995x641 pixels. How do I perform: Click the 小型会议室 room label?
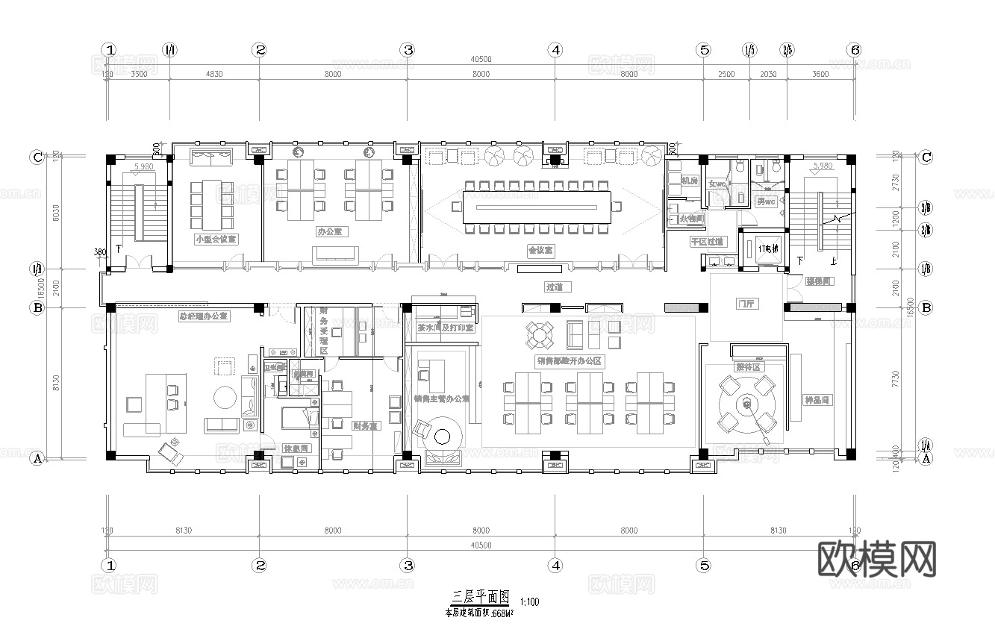point(216,240)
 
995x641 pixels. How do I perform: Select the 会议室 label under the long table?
point(540,250)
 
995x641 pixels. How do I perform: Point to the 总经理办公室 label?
point(204,316)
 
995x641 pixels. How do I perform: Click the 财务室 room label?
point(365,426)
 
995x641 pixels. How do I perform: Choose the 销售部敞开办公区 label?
point(569,360)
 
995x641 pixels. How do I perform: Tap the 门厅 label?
point(746,304)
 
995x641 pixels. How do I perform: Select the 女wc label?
point(718,184)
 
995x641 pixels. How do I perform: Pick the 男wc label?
point(766,201)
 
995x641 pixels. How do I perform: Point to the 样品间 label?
point(816,400)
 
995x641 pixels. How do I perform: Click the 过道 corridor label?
point(553,287)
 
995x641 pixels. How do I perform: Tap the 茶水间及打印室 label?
point(445,328)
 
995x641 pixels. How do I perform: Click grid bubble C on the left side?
point(36,157)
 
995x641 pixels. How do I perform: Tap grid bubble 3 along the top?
point(408,50)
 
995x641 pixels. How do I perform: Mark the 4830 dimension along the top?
point(214,74)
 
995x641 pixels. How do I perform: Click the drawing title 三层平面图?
point(481,598)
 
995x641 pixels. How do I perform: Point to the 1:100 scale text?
point(529,601)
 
